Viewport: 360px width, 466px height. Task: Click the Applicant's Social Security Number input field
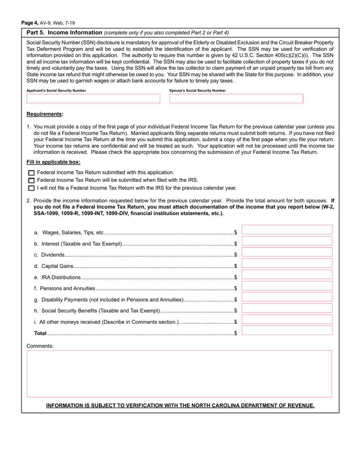tap(93, 99)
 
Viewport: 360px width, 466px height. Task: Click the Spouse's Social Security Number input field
tap(236, 99)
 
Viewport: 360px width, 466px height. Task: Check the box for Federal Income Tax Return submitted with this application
tap(31, 173)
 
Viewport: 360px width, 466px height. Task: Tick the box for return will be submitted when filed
tap(31, 180)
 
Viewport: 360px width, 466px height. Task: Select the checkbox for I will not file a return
tap(31, 188)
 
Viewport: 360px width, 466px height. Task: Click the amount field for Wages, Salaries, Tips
tap(287, 230)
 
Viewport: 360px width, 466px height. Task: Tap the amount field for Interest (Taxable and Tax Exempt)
tap(287, 241)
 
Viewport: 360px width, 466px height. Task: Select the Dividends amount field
tap(287, 252)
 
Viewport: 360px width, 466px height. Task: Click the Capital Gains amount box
tap(287, 263)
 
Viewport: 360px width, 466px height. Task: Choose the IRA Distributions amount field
tap(287, 274)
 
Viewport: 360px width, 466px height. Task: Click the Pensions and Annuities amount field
tap(287, 286)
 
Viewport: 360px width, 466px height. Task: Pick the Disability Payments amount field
tap(287, 297)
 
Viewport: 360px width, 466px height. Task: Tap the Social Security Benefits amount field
tap(287, 308)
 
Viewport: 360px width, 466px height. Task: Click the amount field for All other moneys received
tap(287, 319)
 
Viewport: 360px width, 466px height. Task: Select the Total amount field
tap(287, 330)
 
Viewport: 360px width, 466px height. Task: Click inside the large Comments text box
tap(179, 374)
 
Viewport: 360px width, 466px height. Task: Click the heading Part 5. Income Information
tap(64, 33)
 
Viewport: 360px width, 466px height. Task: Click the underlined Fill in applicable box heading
tap(53, 162)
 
